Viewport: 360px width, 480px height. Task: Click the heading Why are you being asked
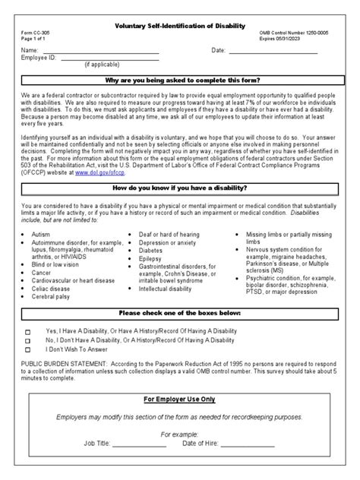(179, 80)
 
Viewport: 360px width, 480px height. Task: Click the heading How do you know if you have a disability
(179, 188)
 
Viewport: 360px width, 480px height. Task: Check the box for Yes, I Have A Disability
(28, 332)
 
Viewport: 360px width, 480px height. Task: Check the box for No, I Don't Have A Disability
(28, 342)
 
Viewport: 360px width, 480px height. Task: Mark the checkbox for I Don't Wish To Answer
(28, 352)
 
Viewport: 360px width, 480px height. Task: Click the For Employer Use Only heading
(179, 398)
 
